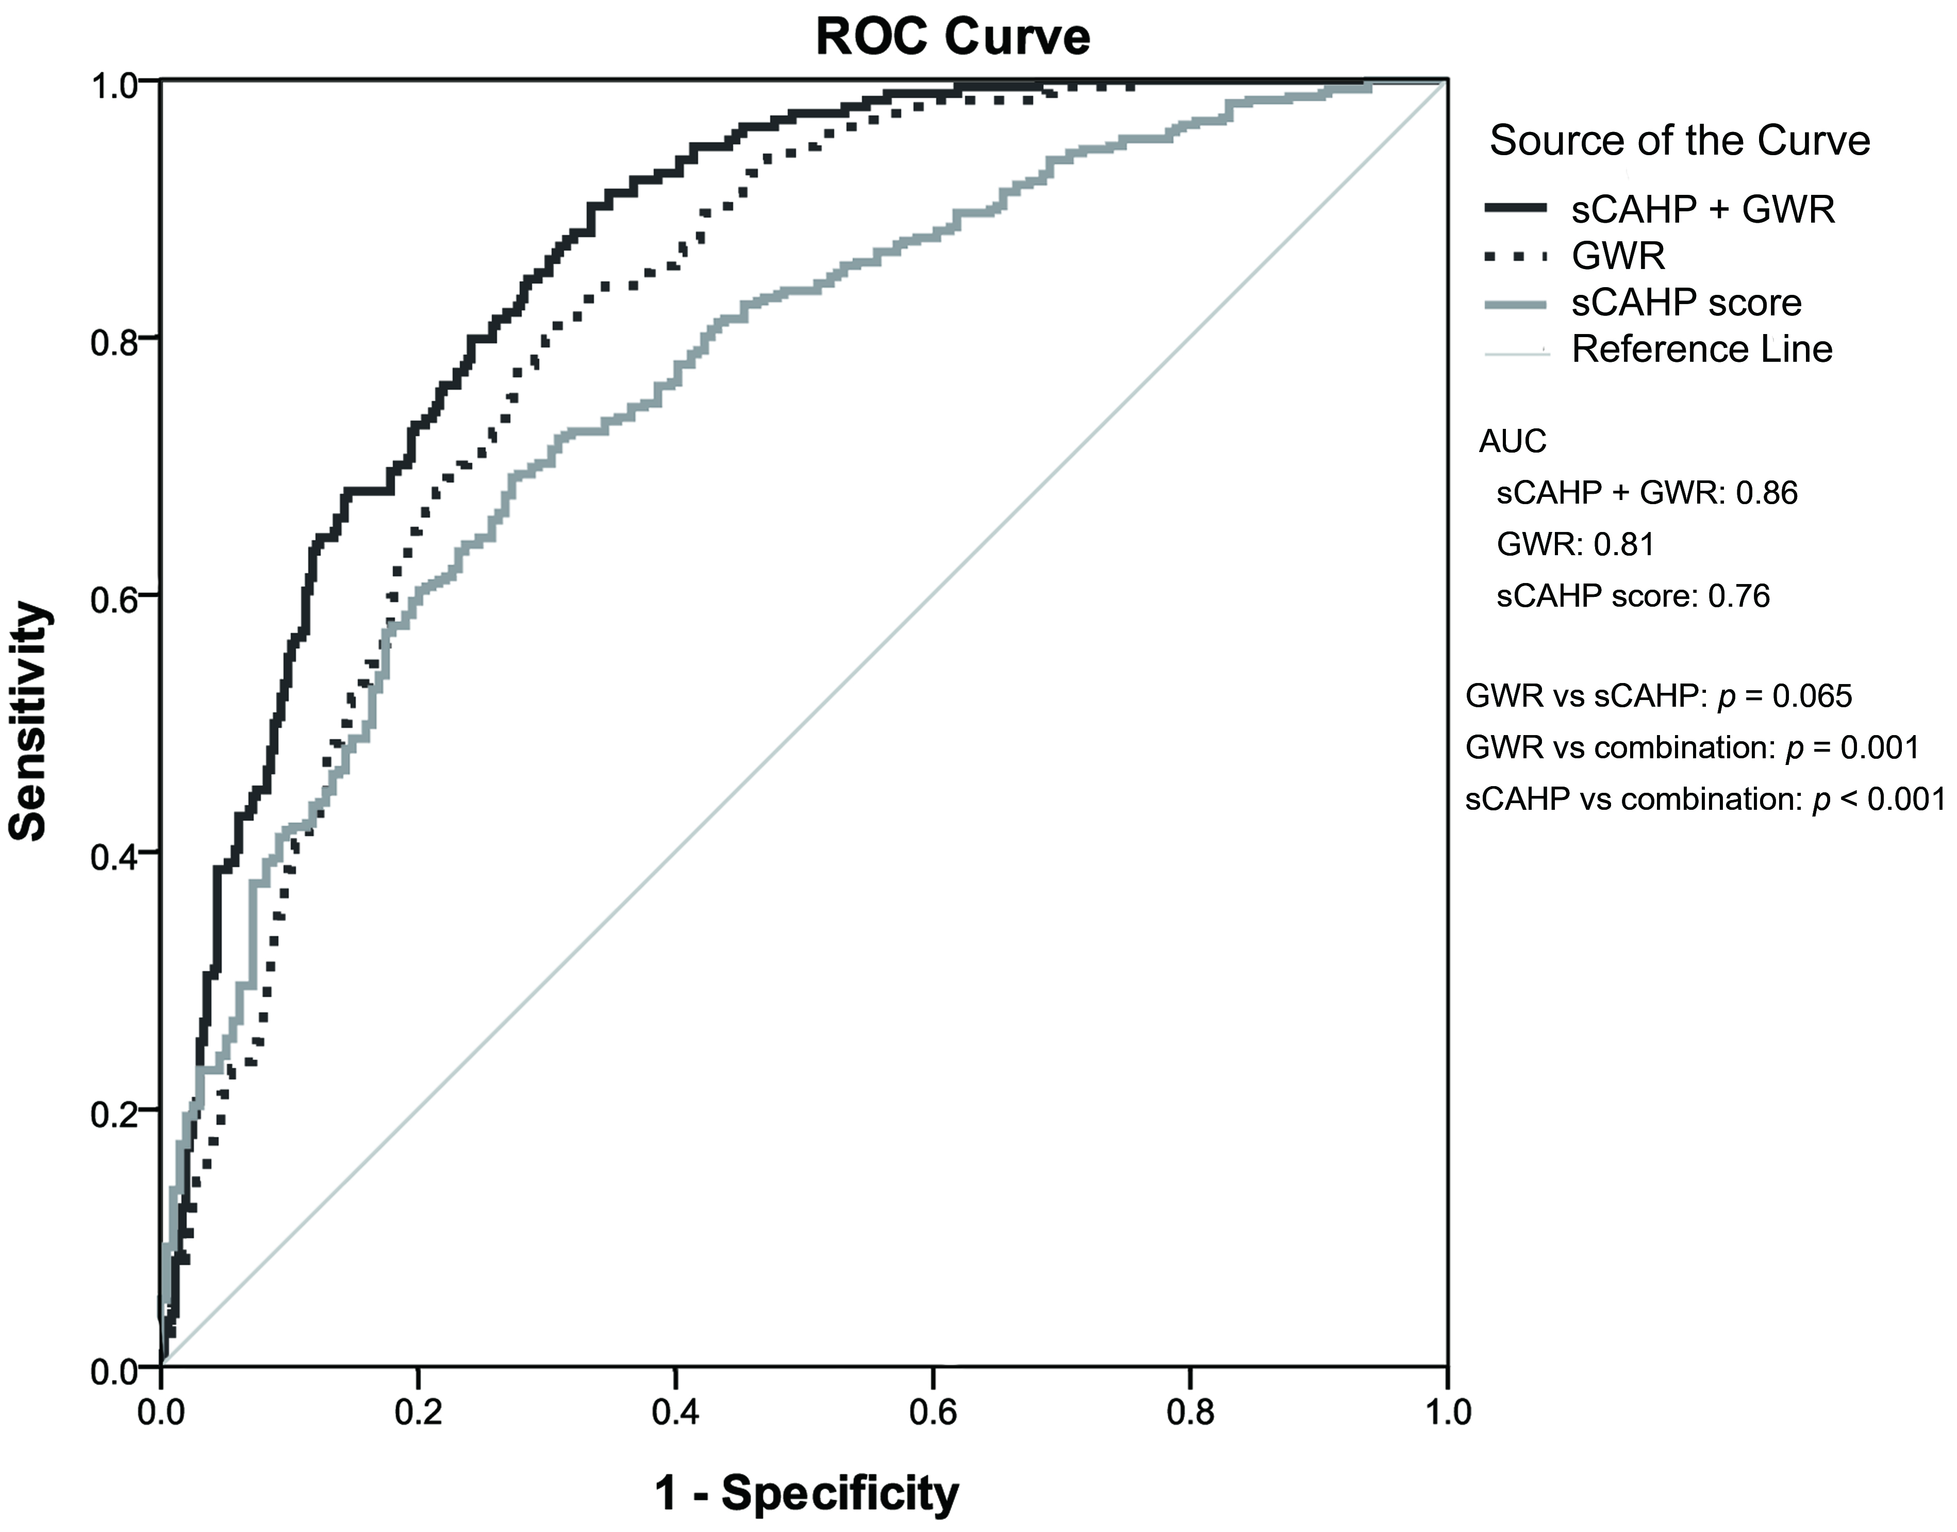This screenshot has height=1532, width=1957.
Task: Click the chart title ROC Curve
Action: [953, 38]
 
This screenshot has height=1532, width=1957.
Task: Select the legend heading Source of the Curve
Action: [1679, 141]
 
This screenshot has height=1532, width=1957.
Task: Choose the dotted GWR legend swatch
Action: [1516, 257]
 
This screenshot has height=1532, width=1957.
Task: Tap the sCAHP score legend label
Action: [1686, 303]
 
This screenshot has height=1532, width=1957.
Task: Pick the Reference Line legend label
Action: [1701, 349]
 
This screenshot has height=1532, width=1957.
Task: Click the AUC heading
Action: [1512, 441]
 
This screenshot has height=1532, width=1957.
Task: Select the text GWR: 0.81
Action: [1575, 544]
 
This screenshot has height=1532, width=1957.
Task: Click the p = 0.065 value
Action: [1785, 696]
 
